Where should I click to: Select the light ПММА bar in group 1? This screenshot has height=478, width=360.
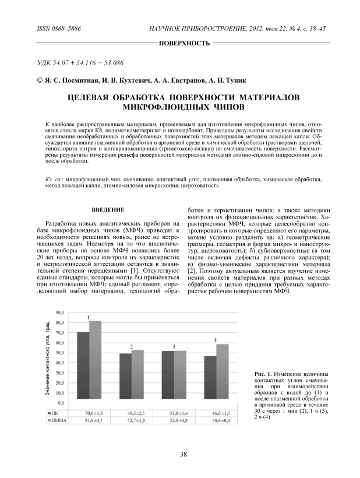click(x=95, y=362)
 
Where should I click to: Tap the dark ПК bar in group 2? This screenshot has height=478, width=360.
click(x=125, y=378)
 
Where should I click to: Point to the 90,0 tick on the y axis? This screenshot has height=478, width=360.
click(x=59, y=313)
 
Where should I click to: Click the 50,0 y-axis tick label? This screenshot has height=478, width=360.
click(x=59, y=353)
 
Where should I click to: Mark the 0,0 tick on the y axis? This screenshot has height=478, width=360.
click(x=61, y=403)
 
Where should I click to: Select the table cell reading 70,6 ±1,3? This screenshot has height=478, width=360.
click(x=89, y=412)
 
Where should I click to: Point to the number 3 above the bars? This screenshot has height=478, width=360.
click(x=174, y=347)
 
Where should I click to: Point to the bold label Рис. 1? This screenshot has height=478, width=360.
click(x=264, y=373)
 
